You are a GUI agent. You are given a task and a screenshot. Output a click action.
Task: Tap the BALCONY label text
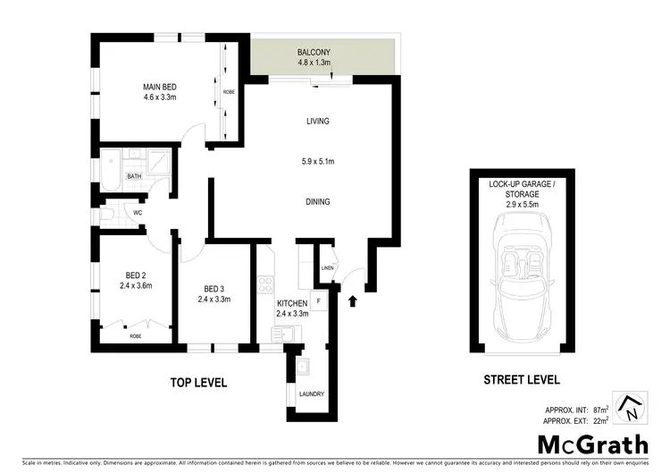314,53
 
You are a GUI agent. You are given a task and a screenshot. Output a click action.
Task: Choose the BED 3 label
214,288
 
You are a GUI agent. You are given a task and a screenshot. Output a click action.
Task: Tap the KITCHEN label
292,304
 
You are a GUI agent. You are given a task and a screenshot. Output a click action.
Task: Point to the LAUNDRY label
312,394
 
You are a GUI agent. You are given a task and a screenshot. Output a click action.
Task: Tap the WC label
138,214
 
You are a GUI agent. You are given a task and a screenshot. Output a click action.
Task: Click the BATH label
134,176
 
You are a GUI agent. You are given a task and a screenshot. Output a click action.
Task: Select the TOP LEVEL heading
199,383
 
